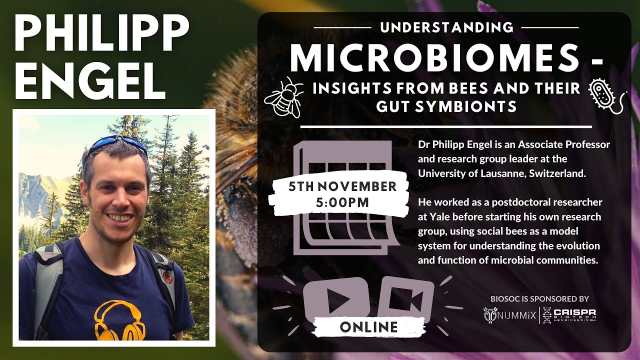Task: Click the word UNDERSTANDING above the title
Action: coord(446,27)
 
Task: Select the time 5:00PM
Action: coord(342,203)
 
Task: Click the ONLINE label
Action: coord(369,327)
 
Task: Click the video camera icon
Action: coord(405,299)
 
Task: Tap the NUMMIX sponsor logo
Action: coord(510,314)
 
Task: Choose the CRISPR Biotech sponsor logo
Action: coord(570,314)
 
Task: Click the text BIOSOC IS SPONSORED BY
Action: coord(539,299)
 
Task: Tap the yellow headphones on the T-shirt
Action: coord(118,319)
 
